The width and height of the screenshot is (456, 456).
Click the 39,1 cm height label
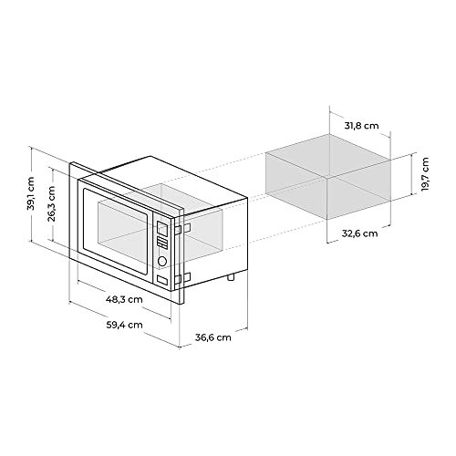pos(31,195)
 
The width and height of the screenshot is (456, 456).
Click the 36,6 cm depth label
pos(212,337)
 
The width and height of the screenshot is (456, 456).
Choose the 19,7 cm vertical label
pos(425,171)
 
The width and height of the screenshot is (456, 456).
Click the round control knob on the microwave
pos(162,261)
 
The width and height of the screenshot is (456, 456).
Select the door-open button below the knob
pos(162,280)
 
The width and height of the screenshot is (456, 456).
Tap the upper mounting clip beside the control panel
pos(185,229)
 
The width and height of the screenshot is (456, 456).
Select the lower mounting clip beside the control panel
pos(185,276)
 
